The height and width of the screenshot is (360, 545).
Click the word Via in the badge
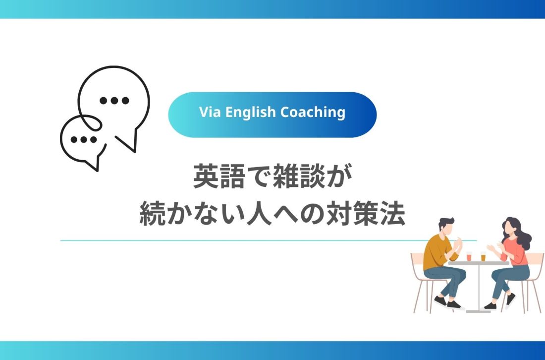point(210,112)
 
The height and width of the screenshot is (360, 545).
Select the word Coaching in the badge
point(313,113)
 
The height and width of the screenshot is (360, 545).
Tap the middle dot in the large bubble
point(114,101)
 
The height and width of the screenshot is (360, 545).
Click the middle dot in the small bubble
point(84,140)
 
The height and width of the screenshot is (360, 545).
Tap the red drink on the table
point(469,256)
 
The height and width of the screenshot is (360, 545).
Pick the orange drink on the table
point(483,256)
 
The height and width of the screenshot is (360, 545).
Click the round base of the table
point(478,310)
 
